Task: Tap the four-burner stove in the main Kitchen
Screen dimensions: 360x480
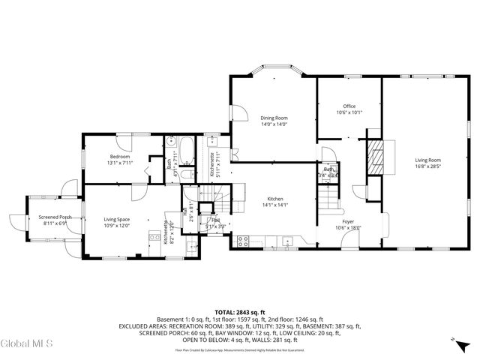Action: point(243,241)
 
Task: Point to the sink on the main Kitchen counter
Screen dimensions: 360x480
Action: point(288,241)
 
